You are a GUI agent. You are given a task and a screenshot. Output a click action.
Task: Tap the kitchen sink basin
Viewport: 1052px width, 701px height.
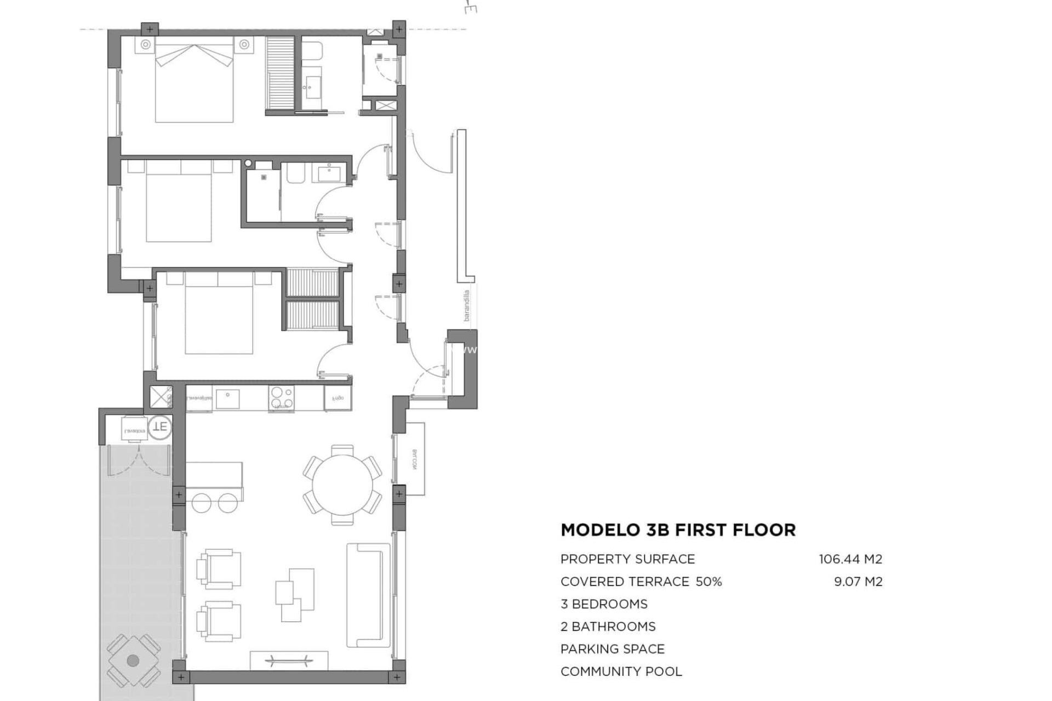coord(227,398)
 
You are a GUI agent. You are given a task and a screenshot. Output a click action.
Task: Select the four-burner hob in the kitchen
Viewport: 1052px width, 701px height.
coord(281,398)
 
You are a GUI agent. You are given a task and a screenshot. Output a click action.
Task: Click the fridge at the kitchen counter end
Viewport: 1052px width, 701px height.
coord(336,398)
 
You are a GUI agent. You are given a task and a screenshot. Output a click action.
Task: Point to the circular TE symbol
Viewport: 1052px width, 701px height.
coord(160,426)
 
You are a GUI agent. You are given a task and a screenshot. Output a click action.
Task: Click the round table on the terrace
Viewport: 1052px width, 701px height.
coord(133,660)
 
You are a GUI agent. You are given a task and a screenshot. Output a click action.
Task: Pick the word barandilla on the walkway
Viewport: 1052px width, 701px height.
coord(467,306)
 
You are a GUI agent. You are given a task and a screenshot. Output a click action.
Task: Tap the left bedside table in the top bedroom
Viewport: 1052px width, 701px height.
coord(146,45)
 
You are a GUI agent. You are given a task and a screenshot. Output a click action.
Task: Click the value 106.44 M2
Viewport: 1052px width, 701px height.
coord(850,559)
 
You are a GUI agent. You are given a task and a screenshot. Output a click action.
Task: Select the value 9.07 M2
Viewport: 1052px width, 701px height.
coord(857,582)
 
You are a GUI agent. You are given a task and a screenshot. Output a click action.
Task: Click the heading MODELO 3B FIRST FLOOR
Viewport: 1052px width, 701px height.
coord(678,530)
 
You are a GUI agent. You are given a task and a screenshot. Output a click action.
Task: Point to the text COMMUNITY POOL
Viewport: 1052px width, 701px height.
coord(621,671)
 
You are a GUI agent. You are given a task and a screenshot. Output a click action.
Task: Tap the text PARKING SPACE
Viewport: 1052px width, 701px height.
coord(612,649)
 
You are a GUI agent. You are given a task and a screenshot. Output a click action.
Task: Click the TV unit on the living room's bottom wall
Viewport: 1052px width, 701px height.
coord(289,659)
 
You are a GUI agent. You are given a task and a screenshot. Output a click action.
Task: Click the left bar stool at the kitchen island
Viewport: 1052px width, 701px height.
coord(201,502)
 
